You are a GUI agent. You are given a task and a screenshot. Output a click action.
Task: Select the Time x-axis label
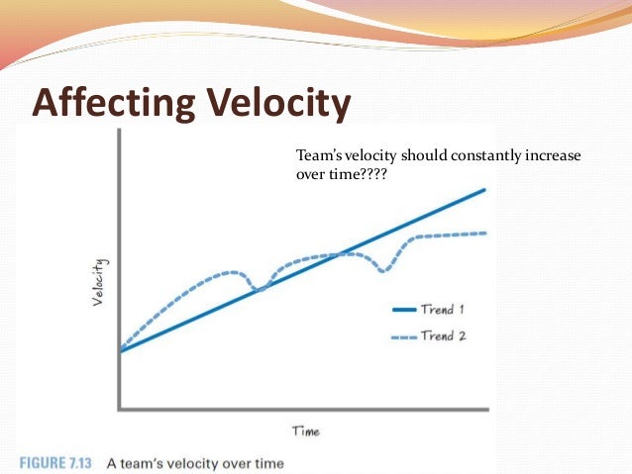coord(305,430)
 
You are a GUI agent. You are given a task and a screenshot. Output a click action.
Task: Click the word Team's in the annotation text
coord(320,155)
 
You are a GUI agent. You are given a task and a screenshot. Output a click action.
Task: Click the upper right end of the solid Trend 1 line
coord(485,189)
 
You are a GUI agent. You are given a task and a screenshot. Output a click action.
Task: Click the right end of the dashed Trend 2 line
coord(486,233)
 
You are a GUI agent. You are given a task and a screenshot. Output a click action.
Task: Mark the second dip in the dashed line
coord(384,270)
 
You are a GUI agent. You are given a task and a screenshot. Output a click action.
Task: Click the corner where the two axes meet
coord(120,408)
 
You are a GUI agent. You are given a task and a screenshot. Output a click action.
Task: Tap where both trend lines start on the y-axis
coord(121,349)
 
